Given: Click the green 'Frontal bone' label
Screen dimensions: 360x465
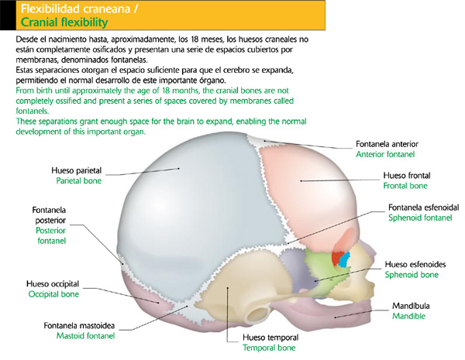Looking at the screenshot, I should (x=405, y=186).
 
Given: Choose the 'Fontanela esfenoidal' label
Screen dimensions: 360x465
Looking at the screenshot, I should (x=423, y=207).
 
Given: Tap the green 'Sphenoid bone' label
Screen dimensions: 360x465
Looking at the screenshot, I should (x=413, y=275).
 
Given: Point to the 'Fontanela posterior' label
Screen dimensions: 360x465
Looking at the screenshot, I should (x=50, y=220).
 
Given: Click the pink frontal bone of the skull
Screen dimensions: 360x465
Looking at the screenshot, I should (x=310, y=186).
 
